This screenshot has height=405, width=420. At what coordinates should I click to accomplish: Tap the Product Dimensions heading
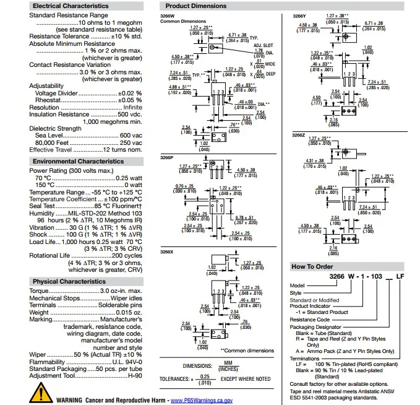[x=191, y=6]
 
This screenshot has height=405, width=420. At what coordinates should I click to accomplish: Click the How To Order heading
[x=312, y=266]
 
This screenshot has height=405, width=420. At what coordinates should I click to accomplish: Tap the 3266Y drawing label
[x=298, y=16]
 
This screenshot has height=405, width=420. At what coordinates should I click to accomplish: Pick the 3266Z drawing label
[x=298, y=134]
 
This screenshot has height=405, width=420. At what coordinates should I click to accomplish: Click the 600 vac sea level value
[x=131, y=135]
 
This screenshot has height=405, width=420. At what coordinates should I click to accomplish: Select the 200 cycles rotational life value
[x=127, y=255]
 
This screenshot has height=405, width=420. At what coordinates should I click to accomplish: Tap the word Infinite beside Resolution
[x=132, y=107]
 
